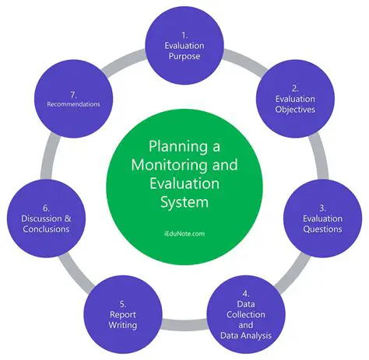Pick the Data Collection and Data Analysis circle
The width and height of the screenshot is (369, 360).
[x=244, y=310]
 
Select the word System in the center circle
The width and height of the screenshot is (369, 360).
[x=184, y=204]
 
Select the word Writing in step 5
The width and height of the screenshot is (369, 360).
[x=123, y=325]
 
